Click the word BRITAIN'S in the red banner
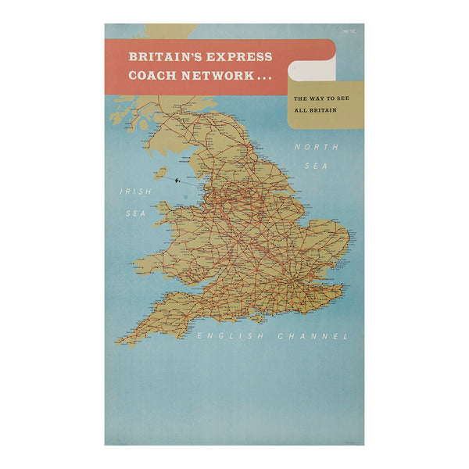162,57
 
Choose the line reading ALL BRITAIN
313,111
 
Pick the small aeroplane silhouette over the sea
179,181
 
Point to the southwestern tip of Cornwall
118,342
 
